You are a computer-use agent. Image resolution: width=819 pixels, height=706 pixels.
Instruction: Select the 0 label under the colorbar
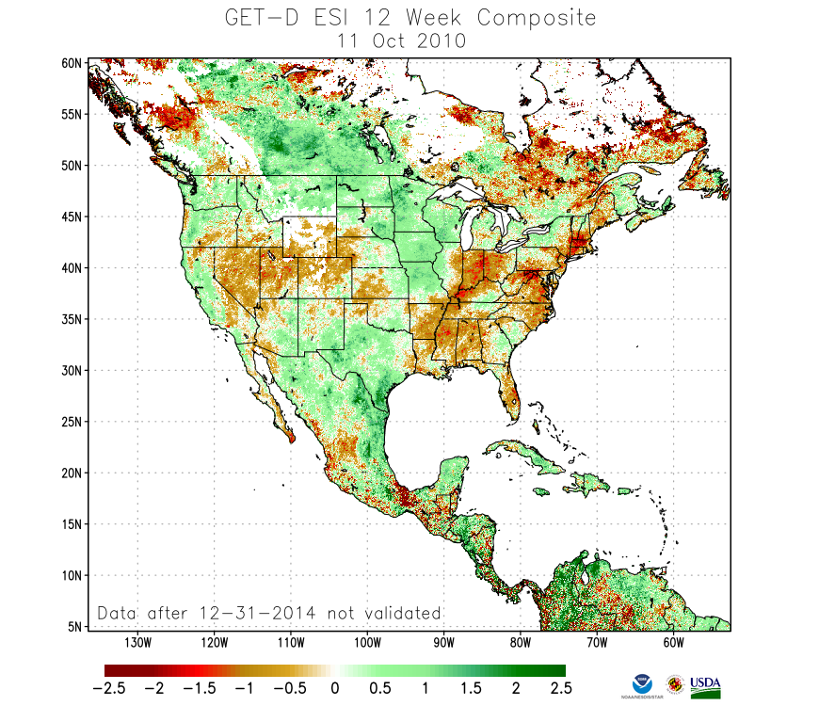(334, 688)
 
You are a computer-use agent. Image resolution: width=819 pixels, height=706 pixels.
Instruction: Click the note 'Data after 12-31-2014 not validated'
(269, 613)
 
